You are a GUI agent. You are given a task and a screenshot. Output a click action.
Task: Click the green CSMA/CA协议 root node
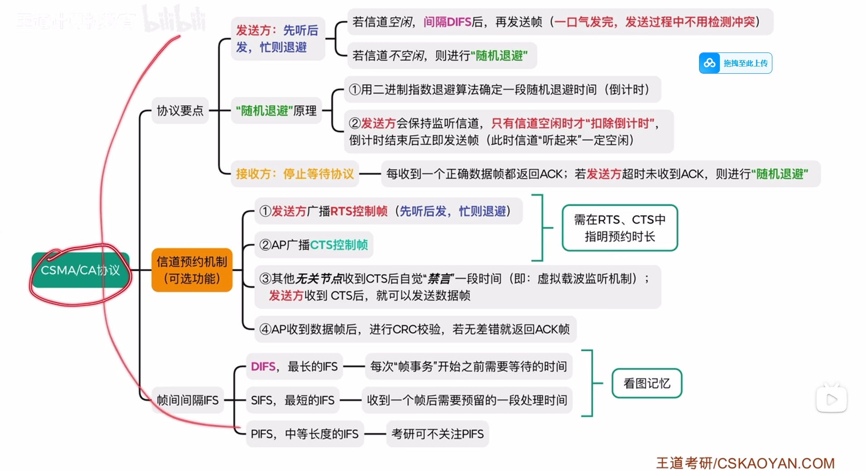pos(81,270)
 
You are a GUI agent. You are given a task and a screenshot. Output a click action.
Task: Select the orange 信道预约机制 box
pos(192,270)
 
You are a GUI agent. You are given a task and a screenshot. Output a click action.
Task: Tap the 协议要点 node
pos(180,111)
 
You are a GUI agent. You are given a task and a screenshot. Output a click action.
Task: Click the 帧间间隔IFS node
pos(187,400)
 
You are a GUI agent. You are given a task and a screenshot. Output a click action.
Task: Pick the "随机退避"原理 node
pos(276,111)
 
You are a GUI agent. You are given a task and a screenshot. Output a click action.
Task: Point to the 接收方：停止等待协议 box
pos(295,174)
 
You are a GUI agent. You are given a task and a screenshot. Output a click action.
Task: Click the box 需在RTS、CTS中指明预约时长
pos(619,228)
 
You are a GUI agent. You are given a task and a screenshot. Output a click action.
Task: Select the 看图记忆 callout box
pos(647,383)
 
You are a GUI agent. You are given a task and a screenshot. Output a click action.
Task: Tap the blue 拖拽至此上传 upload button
pos(735,63)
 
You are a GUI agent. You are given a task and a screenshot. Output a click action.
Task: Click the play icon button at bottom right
pos(831,400)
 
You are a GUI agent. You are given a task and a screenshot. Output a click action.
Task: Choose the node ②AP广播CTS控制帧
pos(314,245)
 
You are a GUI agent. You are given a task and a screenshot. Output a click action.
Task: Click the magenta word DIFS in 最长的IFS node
pos(263,367)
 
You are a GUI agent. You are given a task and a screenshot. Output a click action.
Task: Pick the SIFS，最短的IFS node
pos(292,400)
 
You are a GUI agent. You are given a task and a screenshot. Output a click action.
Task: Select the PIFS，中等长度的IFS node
pos(305,434)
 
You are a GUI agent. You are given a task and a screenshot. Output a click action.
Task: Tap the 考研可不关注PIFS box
pos(437,434)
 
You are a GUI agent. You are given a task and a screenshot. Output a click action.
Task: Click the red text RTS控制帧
pos(359,211)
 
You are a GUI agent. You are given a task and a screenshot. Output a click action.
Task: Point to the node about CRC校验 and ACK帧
pos(414,329)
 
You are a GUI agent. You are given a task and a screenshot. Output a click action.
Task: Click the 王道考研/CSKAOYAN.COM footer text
pos(745,463)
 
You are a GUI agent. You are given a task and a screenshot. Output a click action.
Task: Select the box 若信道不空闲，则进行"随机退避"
pos(442,56)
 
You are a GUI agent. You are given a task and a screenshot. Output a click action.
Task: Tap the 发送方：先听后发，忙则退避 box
pos(277,39)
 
